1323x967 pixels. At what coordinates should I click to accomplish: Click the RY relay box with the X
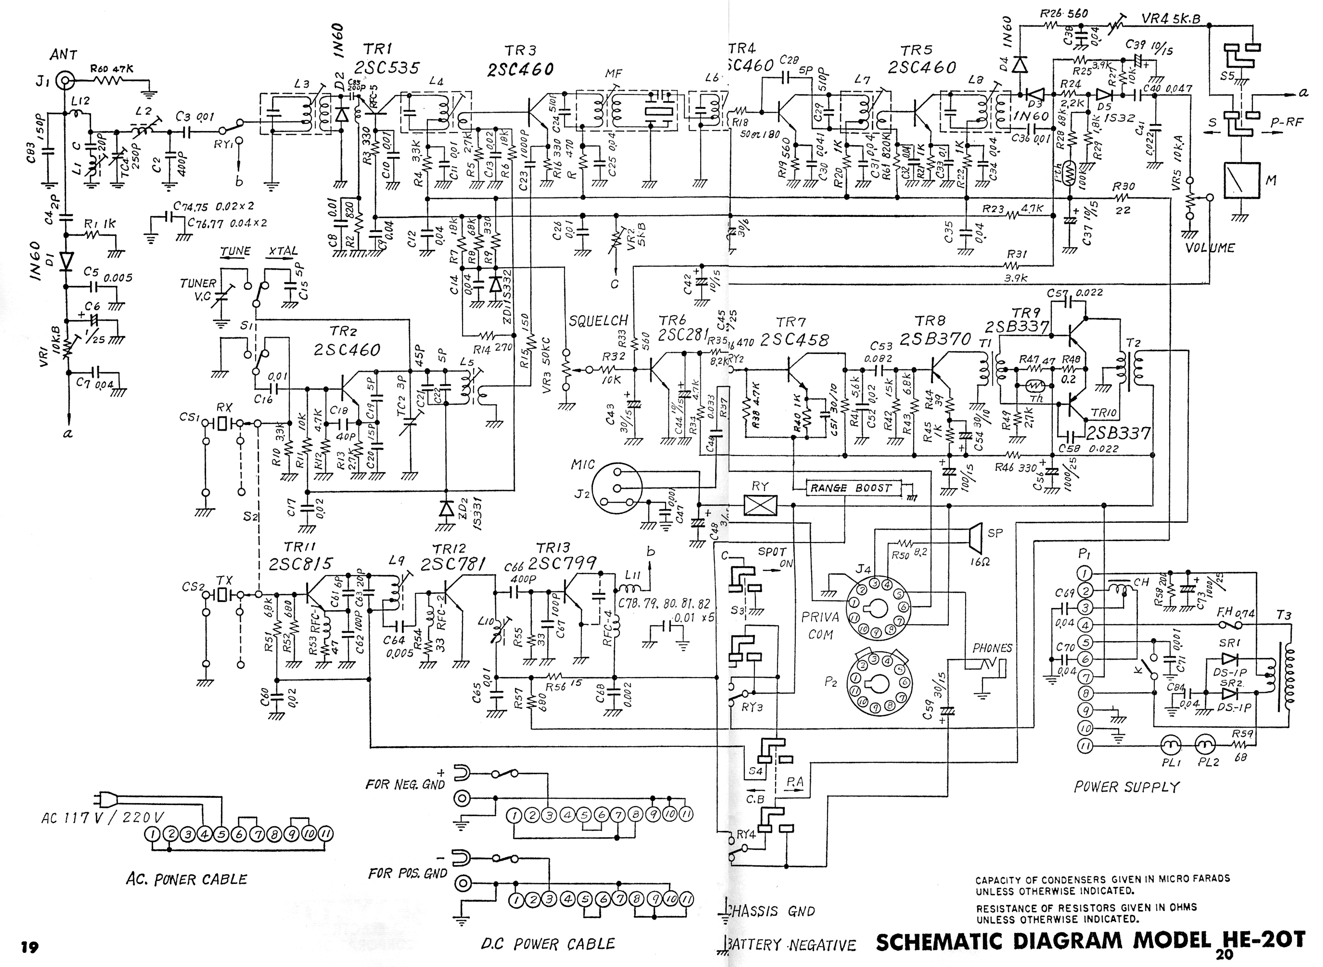760,505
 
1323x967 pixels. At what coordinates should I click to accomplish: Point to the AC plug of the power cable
105,800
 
